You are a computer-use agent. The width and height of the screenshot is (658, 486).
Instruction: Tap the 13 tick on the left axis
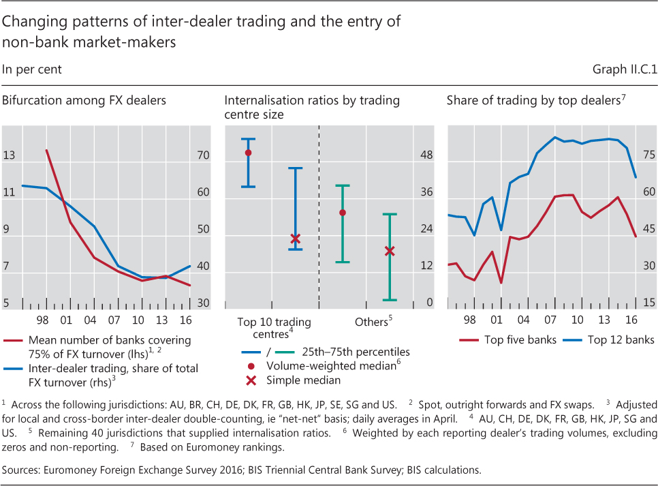click(x=9, y=156)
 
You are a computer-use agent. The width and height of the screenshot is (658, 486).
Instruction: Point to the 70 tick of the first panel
click(x=203, y=156)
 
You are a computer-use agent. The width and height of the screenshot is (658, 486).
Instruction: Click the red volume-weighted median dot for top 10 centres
click(x=249, y=153)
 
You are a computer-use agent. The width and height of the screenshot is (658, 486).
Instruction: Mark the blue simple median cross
click(x=295, y=239)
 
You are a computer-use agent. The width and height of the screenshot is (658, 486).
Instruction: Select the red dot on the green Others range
click(x=343, y=213)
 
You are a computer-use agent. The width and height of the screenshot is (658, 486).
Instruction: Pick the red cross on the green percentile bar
click(x=390, y=251)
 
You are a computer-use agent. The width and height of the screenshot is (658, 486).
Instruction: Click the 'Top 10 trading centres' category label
click(x=274, y=326)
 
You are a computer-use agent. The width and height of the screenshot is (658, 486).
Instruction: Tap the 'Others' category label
click(x=371, y=321)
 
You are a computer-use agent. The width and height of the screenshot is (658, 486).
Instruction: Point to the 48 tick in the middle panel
click(x=426, y=156)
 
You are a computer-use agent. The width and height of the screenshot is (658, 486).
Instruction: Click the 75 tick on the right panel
click(x=648, y=156)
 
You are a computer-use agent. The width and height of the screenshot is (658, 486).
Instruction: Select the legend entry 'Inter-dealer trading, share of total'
click(x=113, y=369)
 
